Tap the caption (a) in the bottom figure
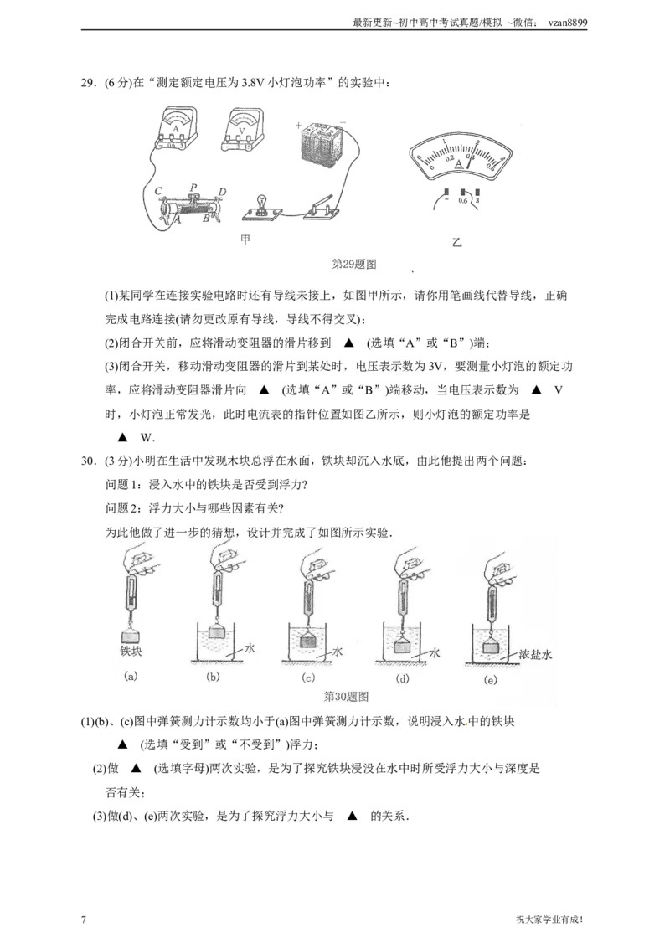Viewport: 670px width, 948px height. pos(131,677)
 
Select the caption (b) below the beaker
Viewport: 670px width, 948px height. pos(213,677)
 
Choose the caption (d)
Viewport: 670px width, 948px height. pos(403,678)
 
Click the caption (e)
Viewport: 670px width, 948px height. pos(491,680)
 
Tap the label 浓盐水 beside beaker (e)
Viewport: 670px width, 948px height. pos(535,656)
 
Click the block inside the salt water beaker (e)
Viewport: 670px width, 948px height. pos(491,647)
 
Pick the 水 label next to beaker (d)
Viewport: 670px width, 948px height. pos(435,651)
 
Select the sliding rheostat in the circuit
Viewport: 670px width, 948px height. pos(193,204)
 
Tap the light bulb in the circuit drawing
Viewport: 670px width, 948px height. pos(261,205)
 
